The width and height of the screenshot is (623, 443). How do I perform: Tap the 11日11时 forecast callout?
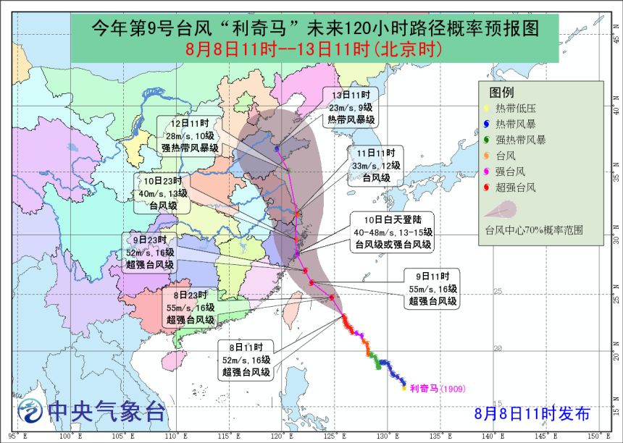coord(376,165)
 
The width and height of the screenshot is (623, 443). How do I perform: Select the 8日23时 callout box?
coord(190,307)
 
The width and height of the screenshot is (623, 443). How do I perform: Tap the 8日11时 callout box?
coord(247,360)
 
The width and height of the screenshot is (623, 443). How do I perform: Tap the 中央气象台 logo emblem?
coord(29,411)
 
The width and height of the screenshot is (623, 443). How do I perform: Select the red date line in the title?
coord(314,49)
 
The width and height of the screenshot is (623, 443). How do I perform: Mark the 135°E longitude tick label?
coord(438,436)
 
